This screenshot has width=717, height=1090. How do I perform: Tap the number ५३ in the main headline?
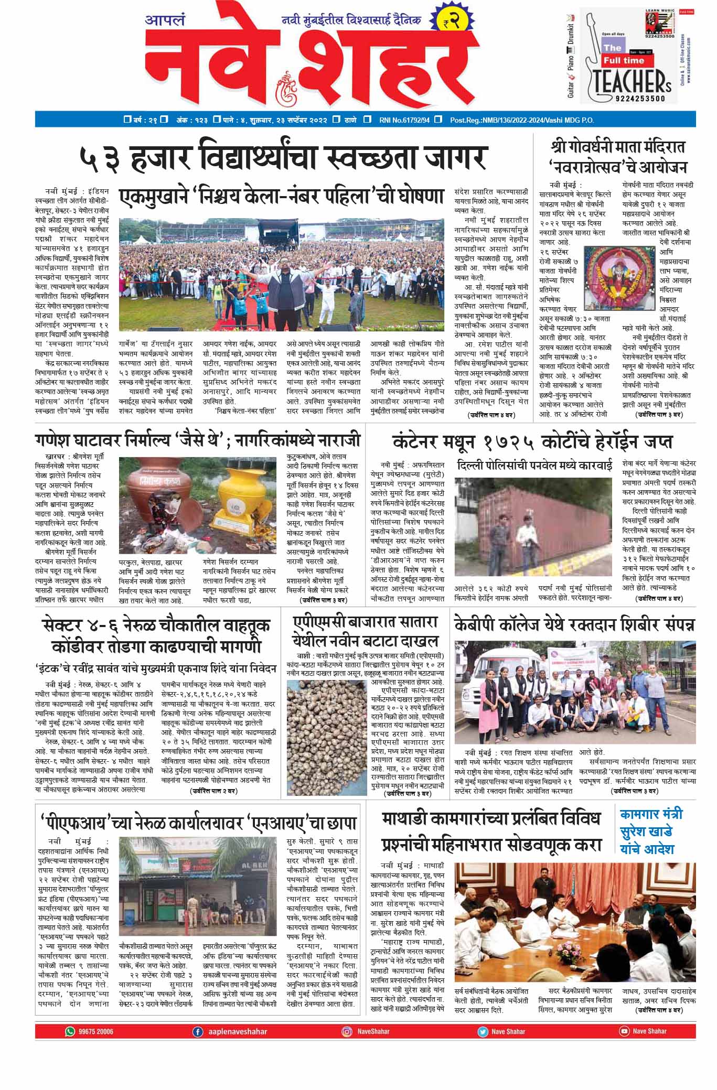(x=99, y=157)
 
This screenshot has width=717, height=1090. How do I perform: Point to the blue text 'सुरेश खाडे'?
(x=646, y=832)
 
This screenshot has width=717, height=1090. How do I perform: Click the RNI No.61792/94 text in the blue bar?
(x=404, y=120)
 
